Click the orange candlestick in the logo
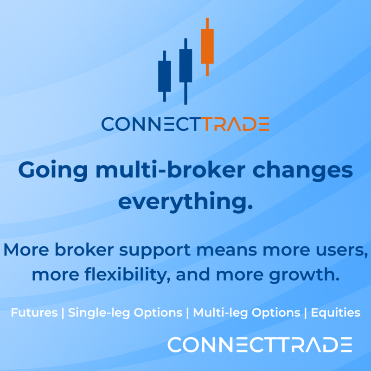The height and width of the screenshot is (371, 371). (x=207, y=46)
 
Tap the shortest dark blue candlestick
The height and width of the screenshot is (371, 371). (x=164, y=76)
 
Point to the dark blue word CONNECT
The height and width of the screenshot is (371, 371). (x=152, y=124)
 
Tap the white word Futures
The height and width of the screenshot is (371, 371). (x=34, y=313)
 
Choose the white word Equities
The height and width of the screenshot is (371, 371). (x=336, y=313)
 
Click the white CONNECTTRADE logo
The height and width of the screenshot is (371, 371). (x=260, y=345)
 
